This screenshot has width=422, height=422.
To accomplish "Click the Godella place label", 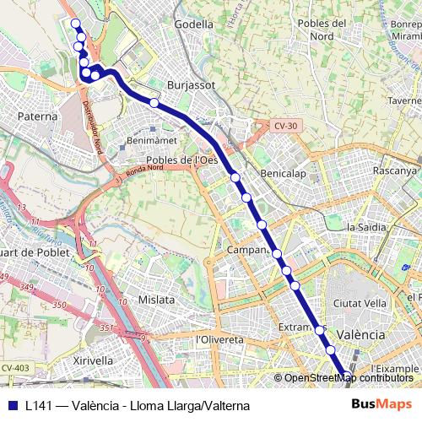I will pyautogui.click(x=193, y=24).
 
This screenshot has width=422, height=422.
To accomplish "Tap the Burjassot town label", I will pyautogui.click(x=192, y=85).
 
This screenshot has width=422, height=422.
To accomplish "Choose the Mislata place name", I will pyautogui.click(x=156, y=300).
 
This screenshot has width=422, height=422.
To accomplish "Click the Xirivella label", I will pyautogui.click(x=93, y=360).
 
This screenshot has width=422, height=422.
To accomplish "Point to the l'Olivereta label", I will pyautogui.click(x=219, y=339).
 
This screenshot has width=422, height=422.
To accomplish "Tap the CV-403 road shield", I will pyautogui.click(x=15, y=368).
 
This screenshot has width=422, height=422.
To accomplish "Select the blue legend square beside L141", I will pyautogui.click(x=12, y=405).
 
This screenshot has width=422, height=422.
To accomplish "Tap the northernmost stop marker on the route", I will pyautogui.click(x=75, y=23).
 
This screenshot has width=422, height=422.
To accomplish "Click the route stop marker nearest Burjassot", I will pyautogui.click(x=154, y=103).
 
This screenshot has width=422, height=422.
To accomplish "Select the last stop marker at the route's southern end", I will pyautogui.click(x=346, y=376).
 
